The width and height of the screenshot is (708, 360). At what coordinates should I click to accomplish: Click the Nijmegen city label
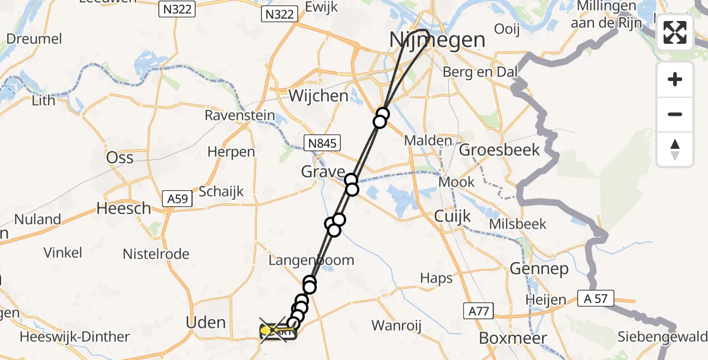point(437,40)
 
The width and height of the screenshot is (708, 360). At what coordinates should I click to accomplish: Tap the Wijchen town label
point(318,95)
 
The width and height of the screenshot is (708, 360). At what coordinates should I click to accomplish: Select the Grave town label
point(323,173)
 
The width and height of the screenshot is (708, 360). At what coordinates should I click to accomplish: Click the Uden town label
point(206,323)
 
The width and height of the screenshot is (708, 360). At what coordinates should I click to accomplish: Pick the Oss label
point(119,158)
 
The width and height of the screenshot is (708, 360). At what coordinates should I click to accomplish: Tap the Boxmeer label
point(513,338)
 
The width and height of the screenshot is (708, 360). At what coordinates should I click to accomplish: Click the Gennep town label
point(539,269)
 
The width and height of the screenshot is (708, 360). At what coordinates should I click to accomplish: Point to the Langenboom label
point(311,260)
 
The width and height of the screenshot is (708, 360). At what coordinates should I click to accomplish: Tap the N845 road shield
point(322,143)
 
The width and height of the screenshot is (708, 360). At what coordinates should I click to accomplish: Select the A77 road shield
point(478,310)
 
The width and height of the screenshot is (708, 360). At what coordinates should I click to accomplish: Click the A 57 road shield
point(596,298)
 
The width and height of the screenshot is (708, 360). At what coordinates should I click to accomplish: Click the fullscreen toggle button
point(675,32)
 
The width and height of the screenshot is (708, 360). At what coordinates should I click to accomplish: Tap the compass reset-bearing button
point(675,149)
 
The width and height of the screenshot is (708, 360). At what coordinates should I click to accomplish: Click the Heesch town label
point(124,208)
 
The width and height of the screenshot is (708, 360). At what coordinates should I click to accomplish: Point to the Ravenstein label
point(240,115)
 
